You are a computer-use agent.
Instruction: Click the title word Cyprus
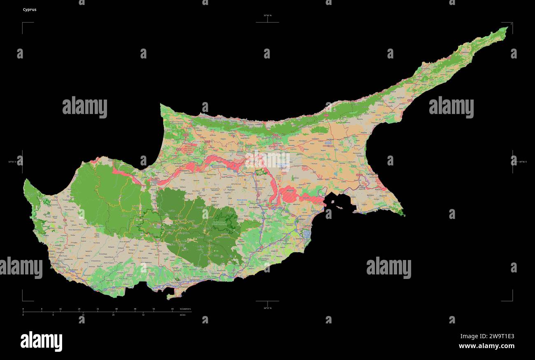(x=30, y=9)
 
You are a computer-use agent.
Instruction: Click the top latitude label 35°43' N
(x=267, y=16)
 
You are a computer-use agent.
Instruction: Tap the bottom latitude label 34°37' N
(x=267, y=308)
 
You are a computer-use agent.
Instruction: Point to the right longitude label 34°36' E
(x=523, y=162)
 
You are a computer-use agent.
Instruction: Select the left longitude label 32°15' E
(x=14, y=162)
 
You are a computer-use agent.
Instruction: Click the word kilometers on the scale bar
(x=186, y=309)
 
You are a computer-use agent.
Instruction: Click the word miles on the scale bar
(x=182, y=315)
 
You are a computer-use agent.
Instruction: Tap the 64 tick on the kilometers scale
(x=172, y=309)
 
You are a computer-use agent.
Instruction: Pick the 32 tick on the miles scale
(x=143, y=315)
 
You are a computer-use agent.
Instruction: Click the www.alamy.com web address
(x=486, y=346)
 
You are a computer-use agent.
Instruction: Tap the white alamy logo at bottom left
(x=41, y=341)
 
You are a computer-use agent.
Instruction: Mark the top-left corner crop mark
(x=23, y=23)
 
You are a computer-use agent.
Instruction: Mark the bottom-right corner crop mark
(x=512, y=300)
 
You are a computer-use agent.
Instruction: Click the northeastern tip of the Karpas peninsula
(x=507, y=28)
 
